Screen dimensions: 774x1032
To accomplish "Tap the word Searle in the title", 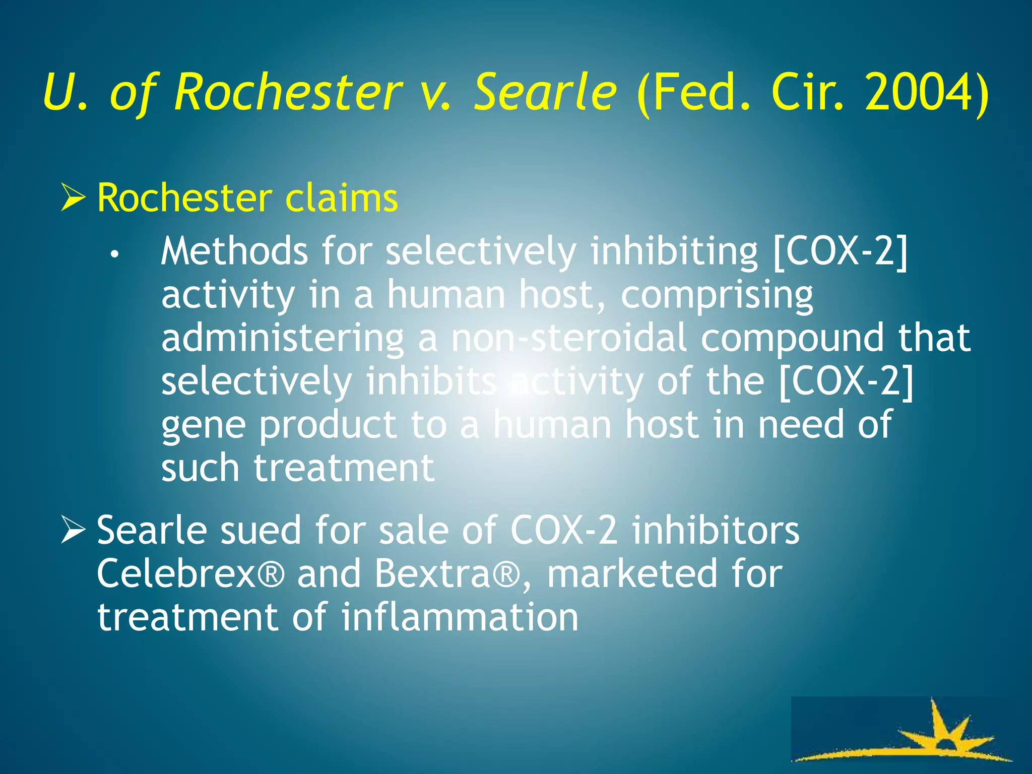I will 545,92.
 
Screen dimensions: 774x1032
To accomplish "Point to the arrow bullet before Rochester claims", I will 73,198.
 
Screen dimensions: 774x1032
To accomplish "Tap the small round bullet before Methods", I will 115,254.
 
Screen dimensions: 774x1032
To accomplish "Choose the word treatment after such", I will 344,468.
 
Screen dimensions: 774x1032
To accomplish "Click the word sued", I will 262,530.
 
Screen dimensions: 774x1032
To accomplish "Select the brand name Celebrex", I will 176,573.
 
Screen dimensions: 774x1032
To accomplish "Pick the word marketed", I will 632,573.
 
